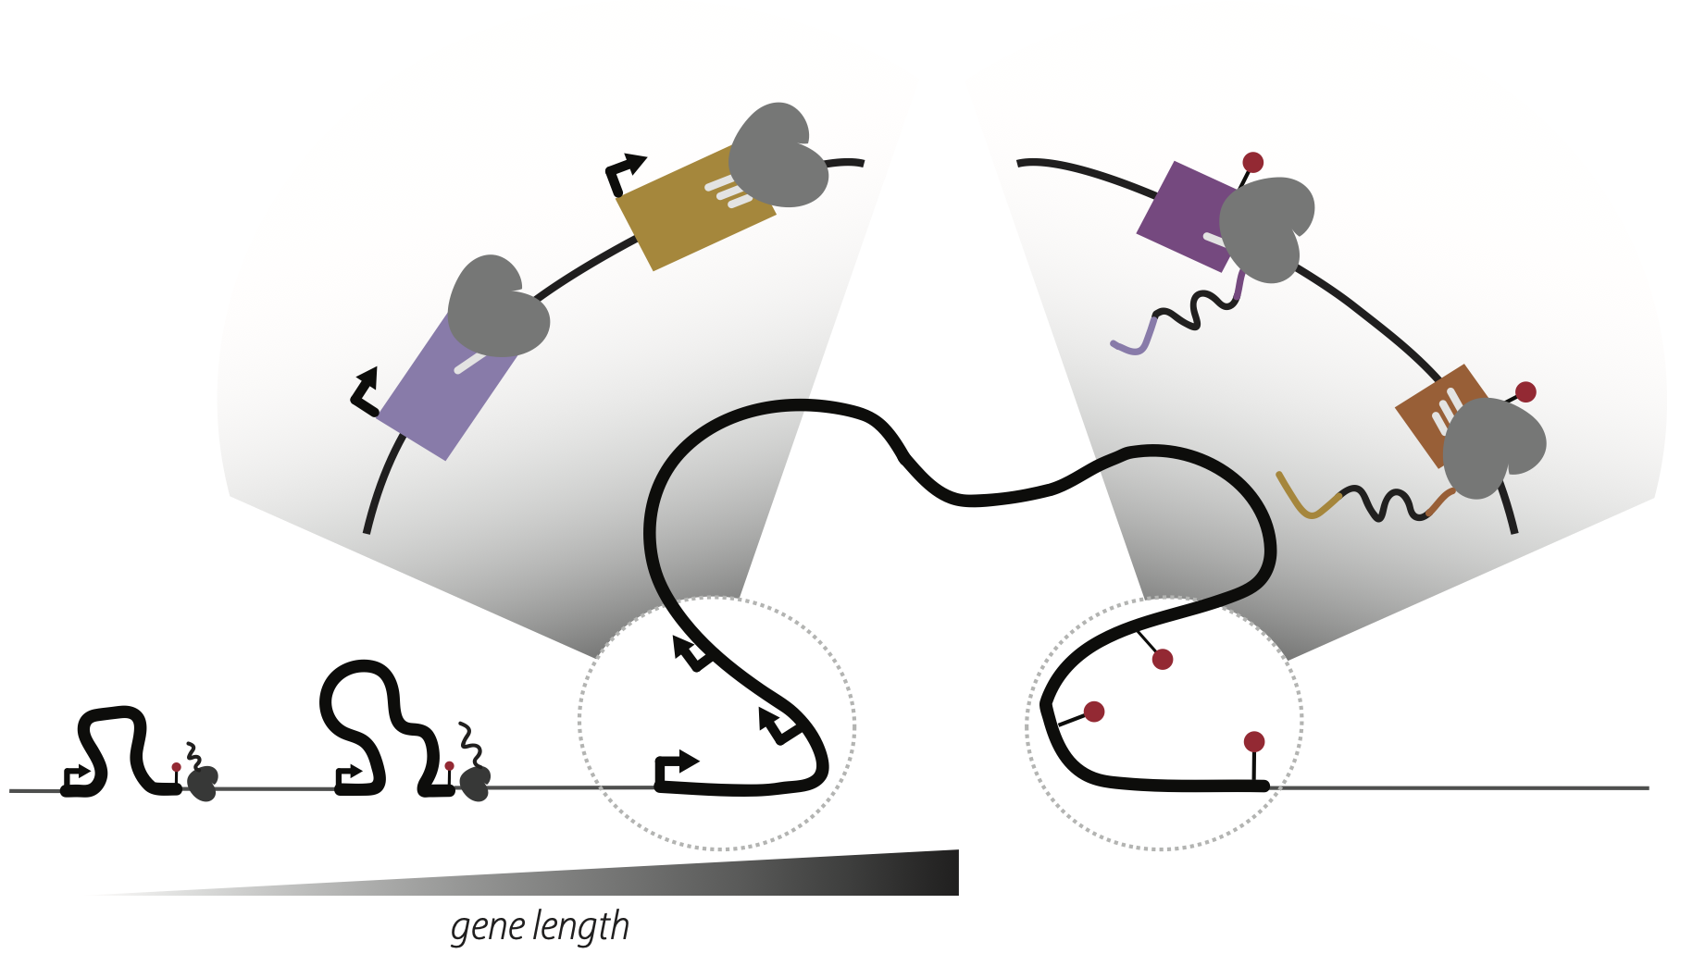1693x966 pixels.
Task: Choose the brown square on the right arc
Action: pos(1430,412)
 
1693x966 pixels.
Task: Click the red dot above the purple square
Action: pos(1253,163)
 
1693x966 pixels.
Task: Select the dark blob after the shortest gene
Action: pos(203,783)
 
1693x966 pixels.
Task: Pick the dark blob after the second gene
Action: pos(476,784)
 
